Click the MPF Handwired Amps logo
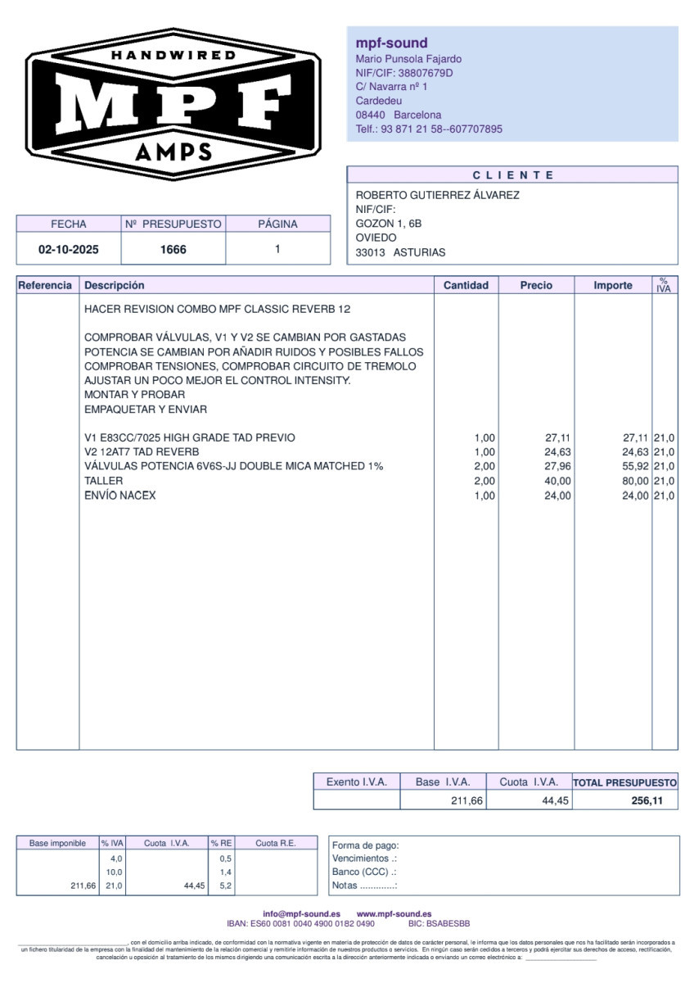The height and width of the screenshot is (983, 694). click(x=173, y=102)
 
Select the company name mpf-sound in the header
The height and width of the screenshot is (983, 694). click(x=391, y=43)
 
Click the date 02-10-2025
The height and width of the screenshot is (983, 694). click(x=69, y=250)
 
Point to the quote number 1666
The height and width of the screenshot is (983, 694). click(x=173, y=250)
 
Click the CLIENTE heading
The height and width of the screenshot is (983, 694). click(x=513, y=175)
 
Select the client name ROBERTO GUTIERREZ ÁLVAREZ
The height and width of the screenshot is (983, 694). click(x=437, y=195)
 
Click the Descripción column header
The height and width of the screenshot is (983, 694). click(x=114, y=285)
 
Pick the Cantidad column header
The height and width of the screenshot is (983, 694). click(x=466, y=285)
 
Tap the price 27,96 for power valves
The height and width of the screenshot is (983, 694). click(x=557, y=466)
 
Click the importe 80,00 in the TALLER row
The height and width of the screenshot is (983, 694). click(x=635, y=481)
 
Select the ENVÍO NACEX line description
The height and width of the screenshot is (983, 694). click(x=119, y=496)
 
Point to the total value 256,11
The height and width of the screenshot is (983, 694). click(x=647, y=800)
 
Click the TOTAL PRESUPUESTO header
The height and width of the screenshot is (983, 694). click(x=625, y=782)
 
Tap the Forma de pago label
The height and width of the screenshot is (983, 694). click(x=365, y=845)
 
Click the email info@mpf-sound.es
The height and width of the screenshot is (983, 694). click(x=301, y=913)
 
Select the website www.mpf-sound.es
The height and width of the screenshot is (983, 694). click(x=394, y=913)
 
